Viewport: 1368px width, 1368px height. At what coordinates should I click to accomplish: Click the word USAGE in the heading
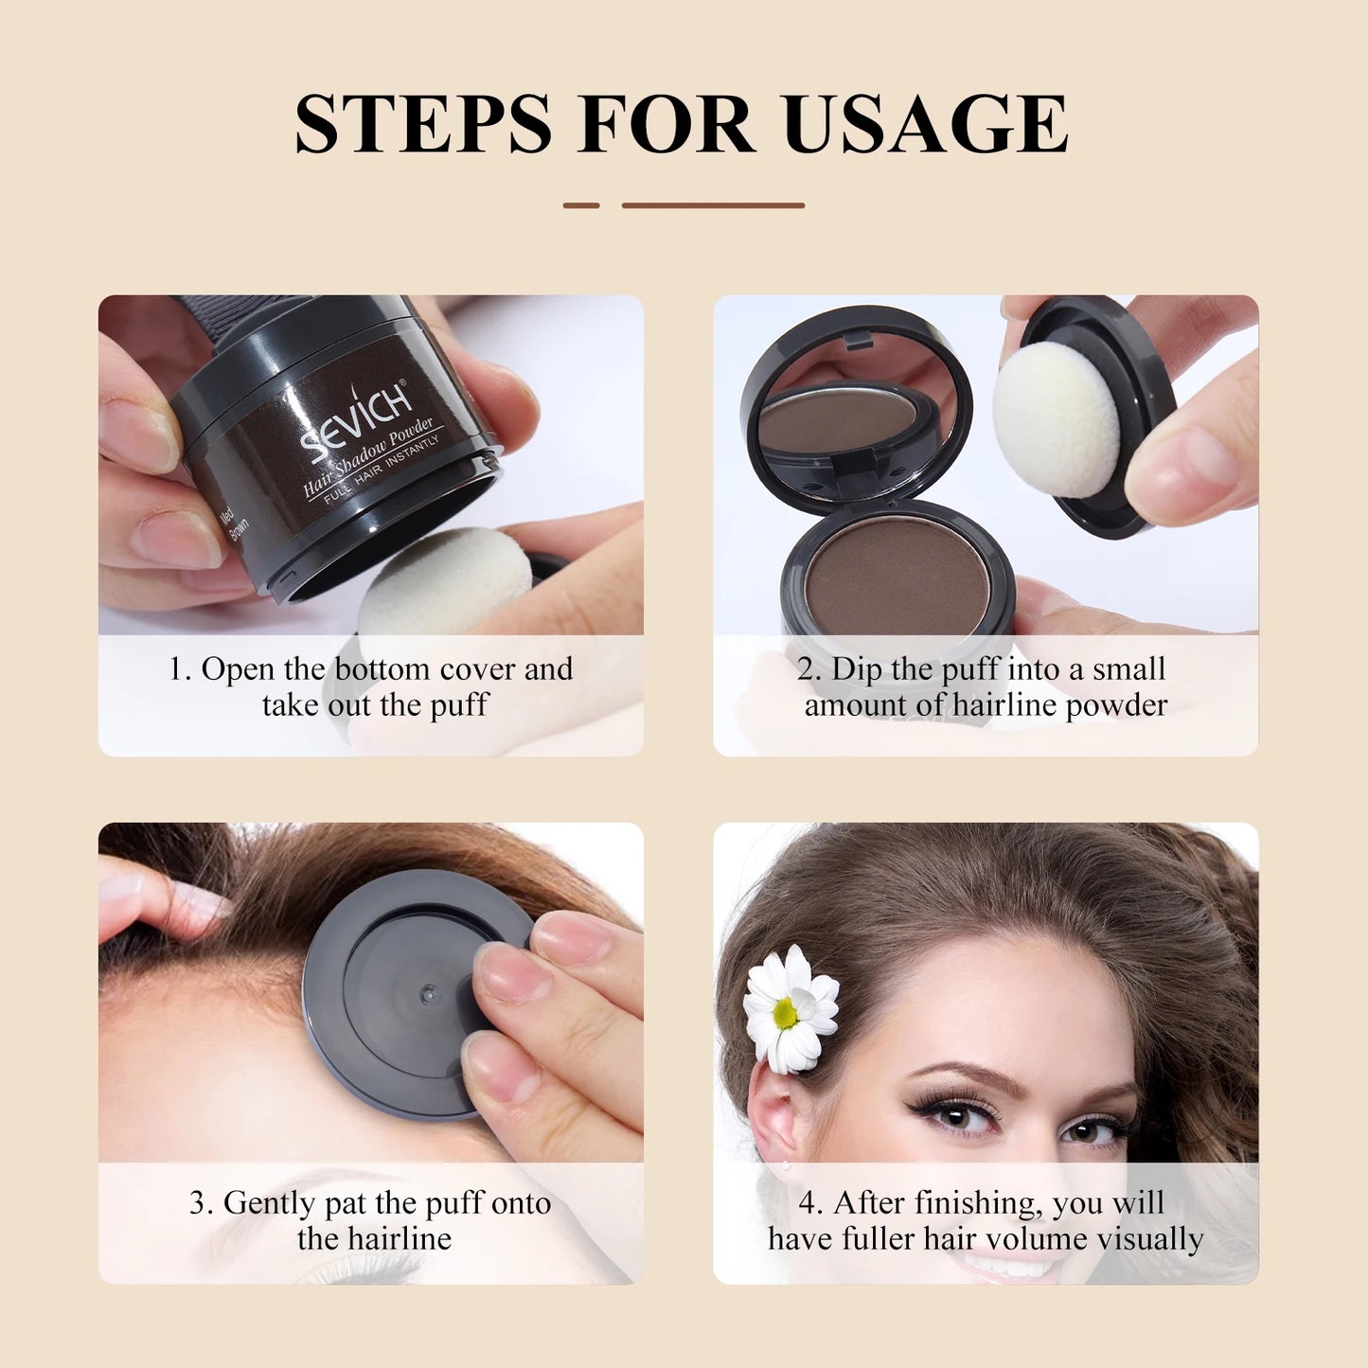pyautogui.click(x=925, y=124)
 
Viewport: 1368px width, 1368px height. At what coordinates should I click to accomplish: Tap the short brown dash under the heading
pyautogui.click(x=581, y=204)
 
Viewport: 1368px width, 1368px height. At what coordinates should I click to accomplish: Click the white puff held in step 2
pyautogui.click(x=1056, y=419)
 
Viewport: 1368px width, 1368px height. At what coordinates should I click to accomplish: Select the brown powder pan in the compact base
pyautogui.click(x=897, y=577)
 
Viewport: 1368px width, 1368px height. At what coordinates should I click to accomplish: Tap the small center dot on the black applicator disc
pyautogui.click(x=426, y=993)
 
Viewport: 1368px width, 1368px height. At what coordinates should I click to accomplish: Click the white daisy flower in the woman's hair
pyautogui.click(x=791, y=1009)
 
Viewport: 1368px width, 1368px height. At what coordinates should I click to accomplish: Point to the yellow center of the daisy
pyautogui.click(x=785, y=1013)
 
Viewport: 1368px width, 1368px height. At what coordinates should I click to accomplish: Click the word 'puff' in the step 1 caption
pyautogui.click(x=458, y=706)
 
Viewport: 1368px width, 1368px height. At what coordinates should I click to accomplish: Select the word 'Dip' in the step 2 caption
pyautogui.click(x=857, y=669)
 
